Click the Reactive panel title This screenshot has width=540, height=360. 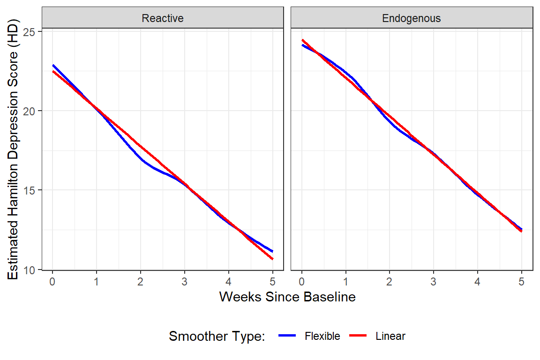(x=163, y=18)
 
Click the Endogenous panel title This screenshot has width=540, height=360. (x=412, y=18)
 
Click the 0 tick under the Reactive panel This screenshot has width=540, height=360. (x=52, y=282)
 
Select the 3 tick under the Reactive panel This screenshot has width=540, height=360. (x=185, y=282)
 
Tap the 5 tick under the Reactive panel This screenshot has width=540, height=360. (x=272, y=282)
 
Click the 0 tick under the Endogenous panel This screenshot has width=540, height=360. (x=302, y=282)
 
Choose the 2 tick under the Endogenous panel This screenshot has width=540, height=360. (x=390, y=282)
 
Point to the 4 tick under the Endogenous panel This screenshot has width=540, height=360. (x=478, y=282)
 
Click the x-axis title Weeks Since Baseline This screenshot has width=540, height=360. (x=287, y=297)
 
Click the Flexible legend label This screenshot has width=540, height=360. (x=322, y=336)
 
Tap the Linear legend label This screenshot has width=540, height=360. (x=390, y=336)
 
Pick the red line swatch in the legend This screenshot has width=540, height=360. (x=359, y=336)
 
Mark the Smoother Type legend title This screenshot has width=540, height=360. (x=217, y=336)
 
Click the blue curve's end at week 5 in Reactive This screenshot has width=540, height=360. (x=272, y=252)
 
